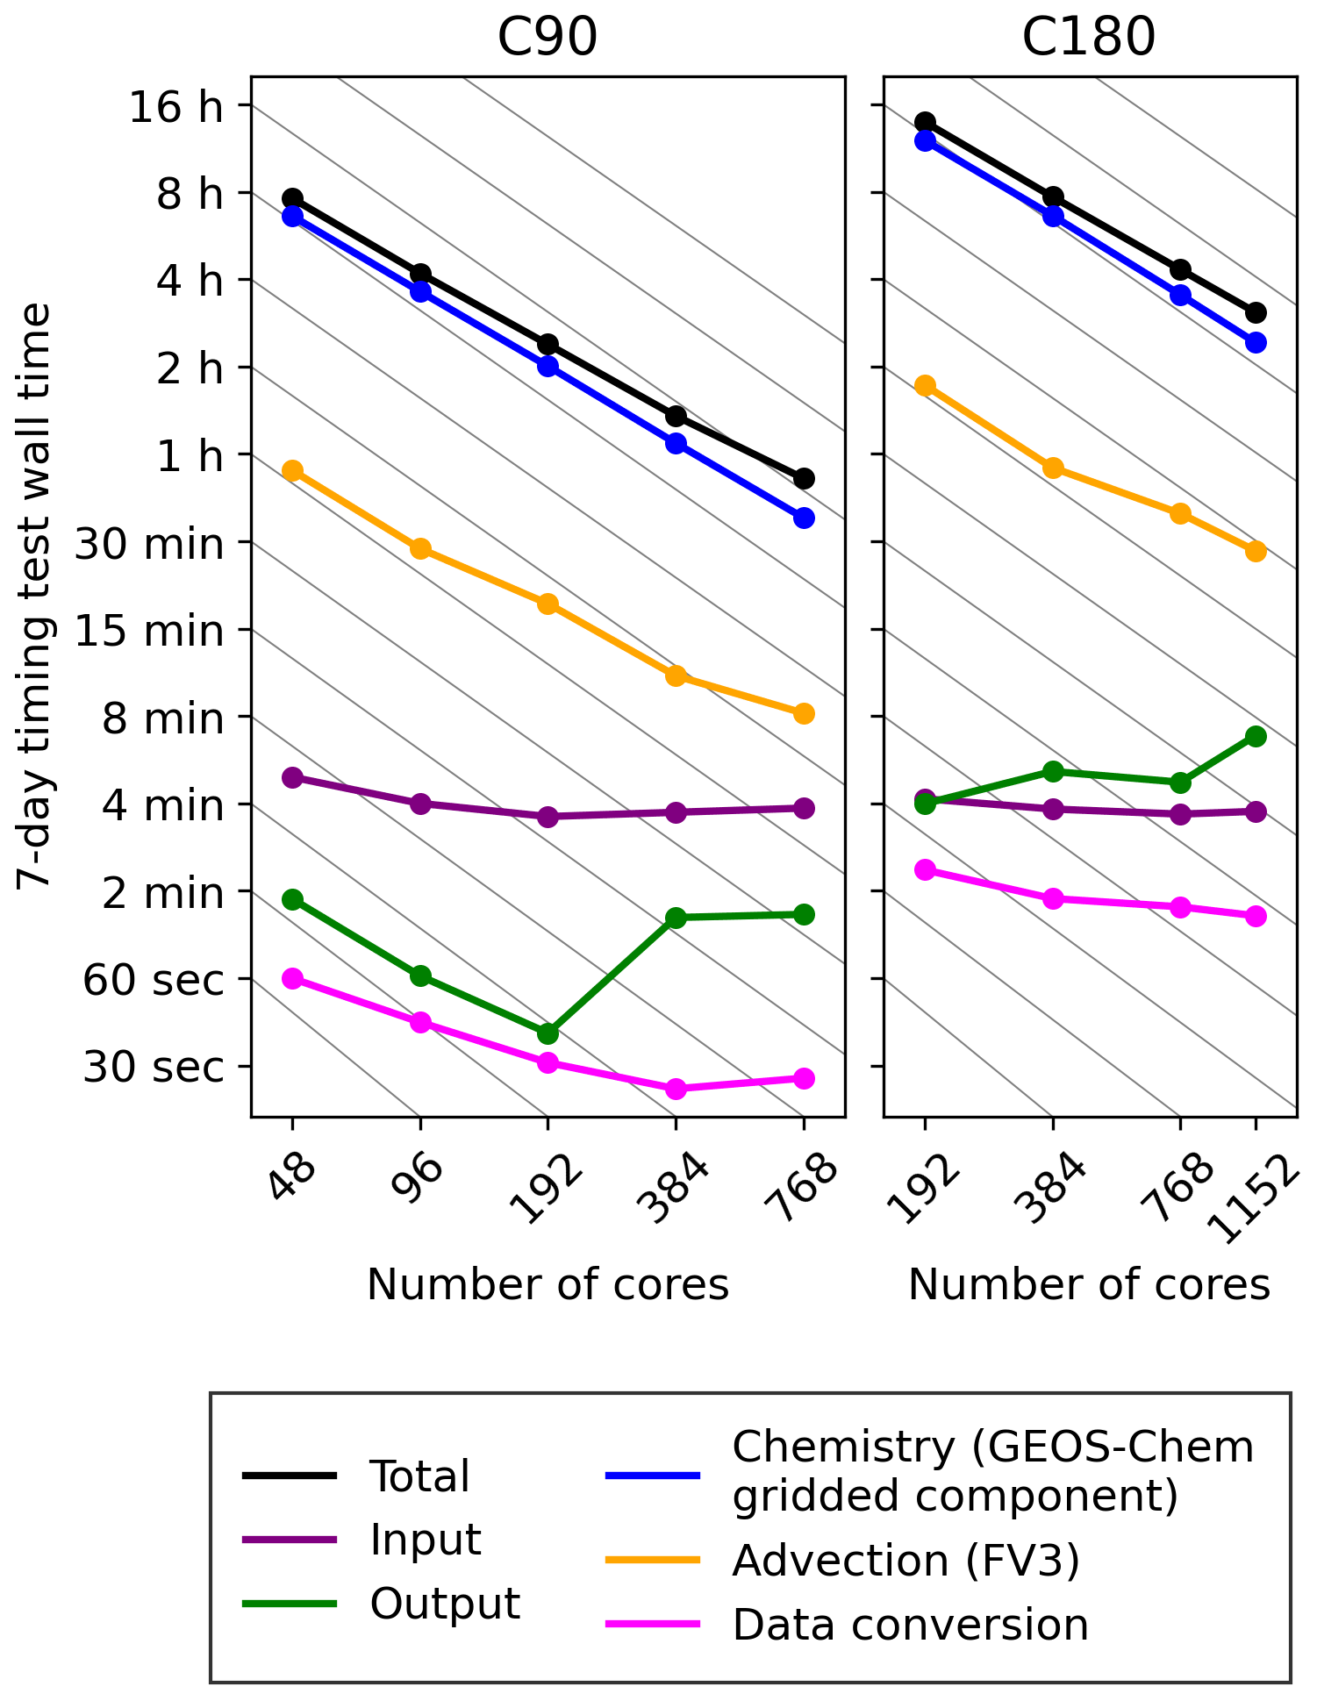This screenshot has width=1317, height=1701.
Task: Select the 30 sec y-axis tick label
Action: tap(154, 1068)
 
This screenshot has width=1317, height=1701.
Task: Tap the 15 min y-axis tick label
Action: tap(149, 631)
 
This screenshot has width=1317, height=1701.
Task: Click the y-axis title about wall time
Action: tap(36, 597)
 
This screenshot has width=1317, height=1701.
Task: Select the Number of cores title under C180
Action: tap(1088, 1285)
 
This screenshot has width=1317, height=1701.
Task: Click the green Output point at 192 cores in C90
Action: tap(548, 1033)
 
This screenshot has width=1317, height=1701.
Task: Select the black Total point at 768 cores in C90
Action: tap(804, 478)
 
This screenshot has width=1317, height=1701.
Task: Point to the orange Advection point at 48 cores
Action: tap(293, 471)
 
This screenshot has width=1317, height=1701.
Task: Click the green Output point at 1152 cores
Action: tap(1256, 736)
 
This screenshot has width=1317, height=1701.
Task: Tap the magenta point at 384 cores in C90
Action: tap(676, 1089)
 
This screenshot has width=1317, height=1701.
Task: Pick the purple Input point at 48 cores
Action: tap(293, 778)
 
